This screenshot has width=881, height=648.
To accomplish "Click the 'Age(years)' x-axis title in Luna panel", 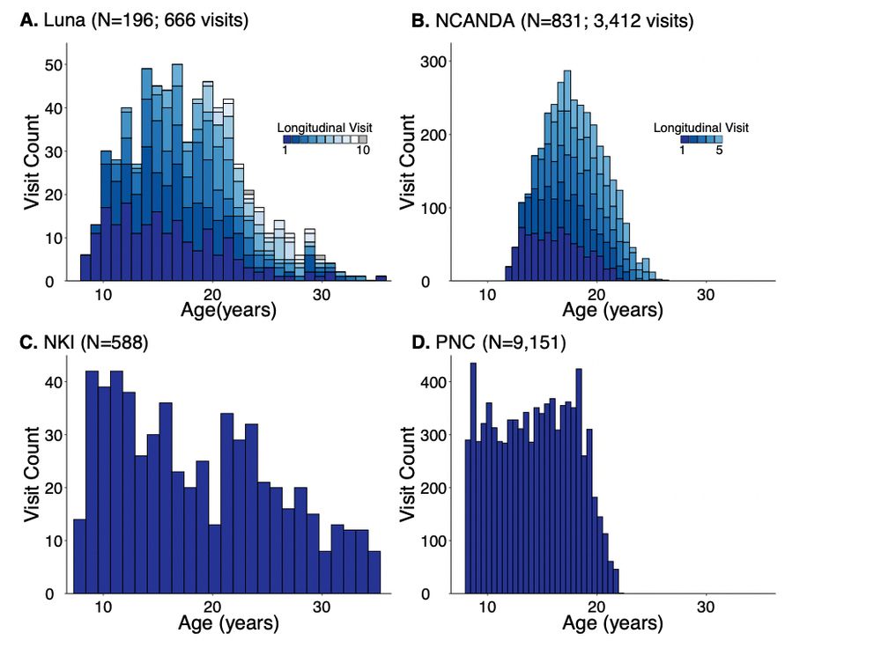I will [228, 310].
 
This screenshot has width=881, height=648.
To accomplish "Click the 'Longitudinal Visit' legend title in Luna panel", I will [322, 127].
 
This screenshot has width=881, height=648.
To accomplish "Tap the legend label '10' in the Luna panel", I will [362, 151].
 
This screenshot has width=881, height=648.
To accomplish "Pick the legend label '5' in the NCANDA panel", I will [719, 151].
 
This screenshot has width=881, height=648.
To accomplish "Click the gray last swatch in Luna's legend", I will [362, 139].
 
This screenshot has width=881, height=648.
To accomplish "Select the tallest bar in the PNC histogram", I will [473, 480].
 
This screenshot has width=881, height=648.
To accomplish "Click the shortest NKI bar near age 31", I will [326, 572].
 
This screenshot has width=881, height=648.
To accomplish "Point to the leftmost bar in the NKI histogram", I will [79, 556].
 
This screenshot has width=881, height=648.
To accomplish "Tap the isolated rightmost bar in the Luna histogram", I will [381, 278].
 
